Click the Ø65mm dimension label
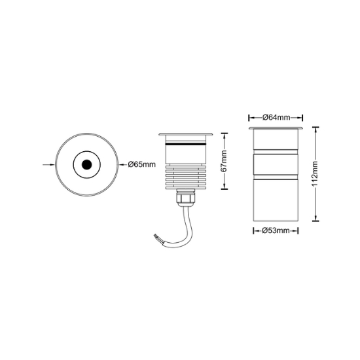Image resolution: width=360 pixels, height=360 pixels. pos(141,164)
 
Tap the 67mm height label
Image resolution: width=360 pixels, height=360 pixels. pos(224,161)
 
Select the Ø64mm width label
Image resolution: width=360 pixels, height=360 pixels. pos(276,118)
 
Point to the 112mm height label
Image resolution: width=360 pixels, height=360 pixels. pos(315,174)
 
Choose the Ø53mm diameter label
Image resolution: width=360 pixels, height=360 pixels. pos(276,230)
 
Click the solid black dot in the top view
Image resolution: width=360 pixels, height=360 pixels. pos(87,164)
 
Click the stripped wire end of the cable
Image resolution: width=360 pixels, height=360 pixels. pos(156,236)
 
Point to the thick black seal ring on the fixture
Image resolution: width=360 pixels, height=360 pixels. pos(186,144)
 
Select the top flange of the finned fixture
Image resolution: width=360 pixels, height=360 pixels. pos(186,134)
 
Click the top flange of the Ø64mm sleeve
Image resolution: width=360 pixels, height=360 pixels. pos(276,128)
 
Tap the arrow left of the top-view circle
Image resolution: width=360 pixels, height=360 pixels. pos(49,164)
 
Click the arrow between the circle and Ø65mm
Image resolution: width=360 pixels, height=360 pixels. pos(122,164)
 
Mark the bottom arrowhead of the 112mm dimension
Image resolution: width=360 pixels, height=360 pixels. pos(315,218)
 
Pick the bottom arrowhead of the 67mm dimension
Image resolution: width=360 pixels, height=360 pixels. pos(225,186)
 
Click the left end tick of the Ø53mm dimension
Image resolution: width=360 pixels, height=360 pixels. pos(253,230)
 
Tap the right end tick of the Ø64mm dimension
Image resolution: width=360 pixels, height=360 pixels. pos(302,118)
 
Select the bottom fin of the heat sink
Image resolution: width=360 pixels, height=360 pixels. pos(186,188)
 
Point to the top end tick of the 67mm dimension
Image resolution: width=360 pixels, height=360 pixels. pos(225,133)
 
